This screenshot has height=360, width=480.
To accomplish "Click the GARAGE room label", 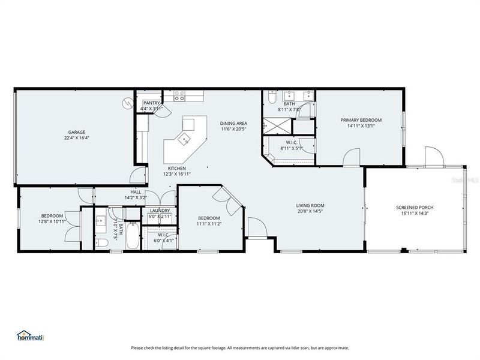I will click(x=76, y=132).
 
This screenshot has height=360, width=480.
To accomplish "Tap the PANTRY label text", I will click(x=151, y=103).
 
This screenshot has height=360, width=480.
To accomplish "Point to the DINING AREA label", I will click(x=233, y=124).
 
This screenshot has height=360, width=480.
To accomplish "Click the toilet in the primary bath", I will click(x=271, y=97).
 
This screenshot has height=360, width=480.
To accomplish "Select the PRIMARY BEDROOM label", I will click(x=361, y=120).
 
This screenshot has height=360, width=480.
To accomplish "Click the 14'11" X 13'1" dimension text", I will click(x=361, y=126).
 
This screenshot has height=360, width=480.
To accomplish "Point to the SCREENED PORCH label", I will click(x=415, y=208).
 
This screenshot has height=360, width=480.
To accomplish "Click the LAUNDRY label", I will click(x=160, y=211).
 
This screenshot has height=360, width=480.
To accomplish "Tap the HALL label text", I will click(x=136, y=191).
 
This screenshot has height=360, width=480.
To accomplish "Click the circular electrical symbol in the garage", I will click(x=127, y=103).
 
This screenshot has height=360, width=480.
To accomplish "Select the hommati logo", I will click(x=30, y=337).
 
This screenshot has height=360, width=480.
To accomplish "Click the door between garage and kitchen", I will click(x=139, y=176).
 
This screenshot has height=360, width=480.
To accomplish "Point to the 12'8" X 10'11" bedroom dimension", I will click(x=53, y=221).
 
